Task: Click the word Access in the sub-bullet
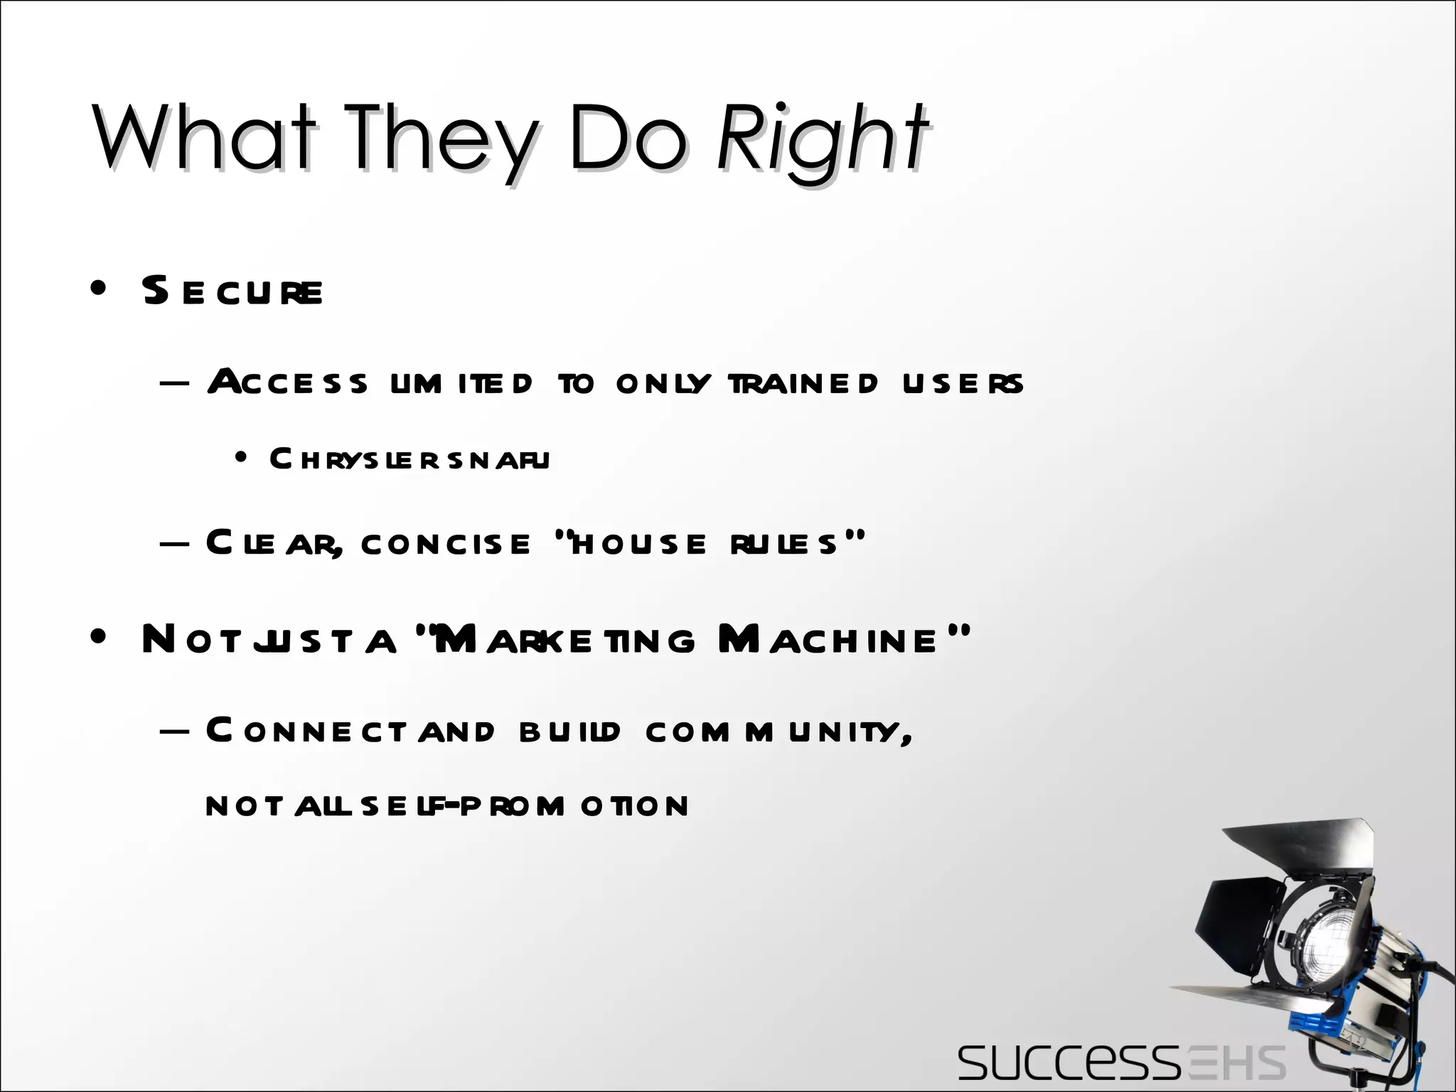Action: pyautogui.click(x=288, y=383)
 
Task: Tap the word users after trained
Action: pyautogui.click(x=963, y=383)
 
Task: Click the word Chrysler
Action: pyautogui.click(x=359, y=459)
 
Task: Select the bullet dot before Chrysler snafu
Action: pyautogui.click(x=241, y=459)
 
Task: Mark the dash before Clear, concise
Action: pyautogui.click(x=175, y=544)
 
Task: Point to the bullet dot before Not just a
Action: pyautogui.click(x=99, y=638)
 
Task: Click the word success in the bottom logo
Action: pyautogui.click(x=1066, y=1064)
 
